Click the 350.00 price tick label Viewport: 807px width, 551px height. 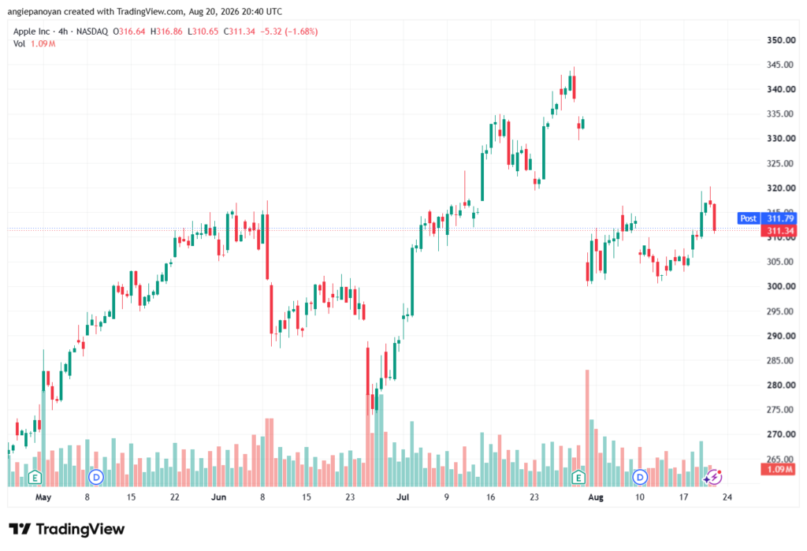coord(781,40)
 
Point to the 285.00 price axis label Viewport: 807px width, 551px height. coord(781,360)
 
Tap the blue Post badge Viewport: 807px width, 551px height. coord(749,218)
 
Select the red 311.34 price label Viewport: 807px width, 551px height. coord(779,231)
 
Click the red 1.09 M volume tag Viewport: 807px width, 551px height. coord(779,469)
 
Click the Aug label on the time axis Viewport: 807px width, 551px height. coord(596,497)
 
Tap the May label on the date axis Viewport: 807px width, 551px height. coord(43,497)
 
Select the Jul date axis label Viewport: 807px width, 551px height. coord(403,497)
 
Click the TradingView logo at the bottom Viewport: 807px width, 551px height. coord(67,529)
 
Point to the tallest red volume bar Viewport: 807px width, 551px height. coord(586,428)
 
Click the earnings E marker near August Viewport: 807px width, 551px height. coord(578,478)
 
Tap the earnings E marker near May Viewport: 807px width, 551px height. coord(35,478)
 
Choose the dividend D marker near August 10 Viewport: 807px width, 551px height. coord(640,478)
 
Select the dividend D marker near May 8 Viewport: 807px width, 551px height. coord(95,478)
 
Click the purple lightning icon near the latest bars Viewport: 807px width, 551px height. coord(714,477)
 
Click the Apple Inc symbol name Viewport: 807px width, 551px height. coord(32,32)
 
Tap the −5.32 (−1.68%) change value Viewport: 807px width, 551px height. coord(288,32)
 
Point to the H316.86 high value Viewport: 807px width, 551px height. coord(166,32)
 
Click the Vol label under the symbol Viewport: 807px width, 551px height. coord(19,44)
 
